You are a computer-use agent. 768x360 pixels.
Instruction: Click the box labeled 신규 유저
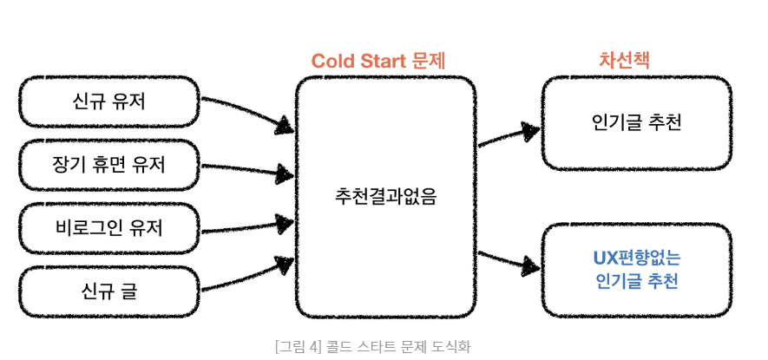(109, 101)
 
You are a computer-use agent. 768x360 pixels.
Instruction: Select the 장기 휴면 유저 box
(109, 164)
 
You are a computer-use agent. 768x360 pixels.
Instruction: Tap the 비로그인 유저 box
(109, 227)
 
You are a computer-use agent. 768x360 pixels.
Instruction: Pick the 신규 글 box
(109, 291)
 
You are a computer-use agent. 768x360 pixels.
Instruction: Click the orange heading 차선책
(625, 60)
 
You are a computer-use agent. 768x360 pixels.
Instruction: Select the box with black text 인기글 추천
(637, 121)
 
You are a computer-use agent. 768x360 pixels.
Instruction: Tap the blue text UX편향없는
(637, 259)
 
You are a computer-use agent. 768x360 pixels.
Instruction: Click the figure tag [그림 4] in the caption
(298, 346)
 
